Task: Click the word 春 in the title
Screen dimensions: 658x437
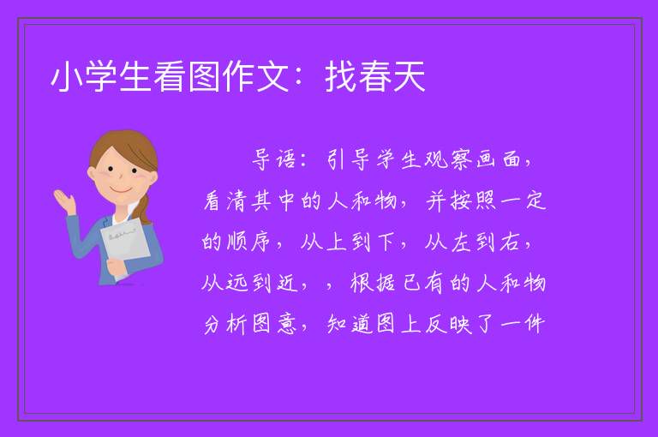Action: (374, 76)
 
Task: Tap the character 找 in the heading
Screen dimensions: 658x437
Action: (341, 76)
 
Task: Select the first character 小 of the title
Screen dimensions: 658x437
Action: (67, 76)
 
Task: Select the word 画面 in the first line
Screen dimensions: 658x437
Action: (499, 159)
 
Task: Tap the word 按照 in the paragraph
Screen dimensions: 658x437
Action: (474, 201)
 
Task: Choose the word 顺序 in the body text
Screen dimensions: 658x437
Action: (248, 242)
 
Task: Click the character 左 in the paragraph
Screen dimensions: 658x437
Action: (461, 242)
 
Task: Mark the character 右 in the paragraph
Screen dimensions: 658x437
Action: (511, 242)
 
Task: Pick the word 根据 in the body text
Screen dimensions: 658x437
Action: (373, 283)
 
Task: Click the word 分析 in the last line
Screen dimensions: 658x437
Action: (225, 324)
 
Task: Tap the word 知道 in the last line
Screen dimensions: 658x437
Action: (350, 324)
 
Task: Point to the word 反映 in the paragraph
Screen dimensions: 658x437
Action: (449, 324)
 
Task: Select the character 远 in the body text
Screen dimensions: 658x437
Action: (237, 283)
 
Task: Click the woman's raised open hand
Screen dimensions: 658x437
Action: (64, 201)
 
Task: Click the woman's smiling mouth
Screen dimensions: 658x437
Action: (121, 189)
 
